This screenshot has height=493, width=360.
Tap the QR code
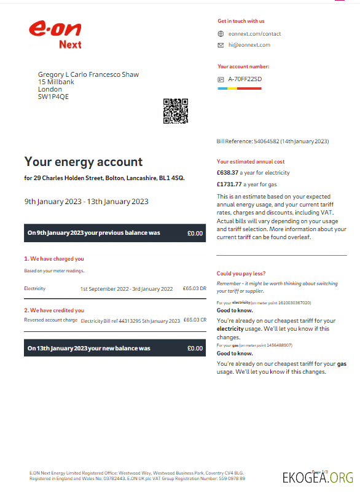175,111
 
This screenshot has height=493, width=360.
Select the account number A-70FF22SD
245,79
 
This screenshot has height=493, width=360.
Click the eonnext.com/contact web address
254,34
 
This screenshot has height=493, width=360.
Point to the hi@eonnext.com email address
249,45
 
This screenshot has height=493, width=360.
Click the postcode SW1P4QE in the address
53,97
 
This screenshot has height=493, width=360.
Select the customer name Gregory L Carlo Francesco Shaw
88,74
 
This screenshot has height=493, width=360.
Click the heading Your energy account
84,162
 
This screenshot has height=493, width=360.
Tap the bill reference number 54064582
267,141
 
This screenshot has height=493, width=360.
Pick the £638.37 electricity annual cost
229,173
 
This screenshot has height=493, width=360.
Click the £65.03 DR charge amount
195,288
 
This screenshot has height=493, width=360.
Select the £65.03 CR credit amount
195,320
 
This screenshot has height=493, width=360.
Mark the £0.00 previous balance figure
195,233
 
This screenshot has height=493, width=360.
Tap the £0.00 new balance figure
195,348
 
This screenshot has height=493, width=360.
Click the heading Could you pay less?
241,274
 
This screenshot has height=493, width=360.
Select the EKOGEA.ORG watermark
318,478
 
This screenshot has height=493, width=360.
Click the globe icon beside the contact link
221,34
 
